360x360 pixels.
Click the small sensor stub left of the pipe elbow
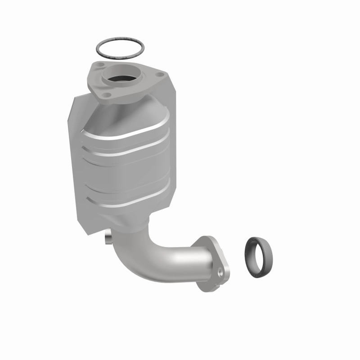[x=108, y=238]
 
